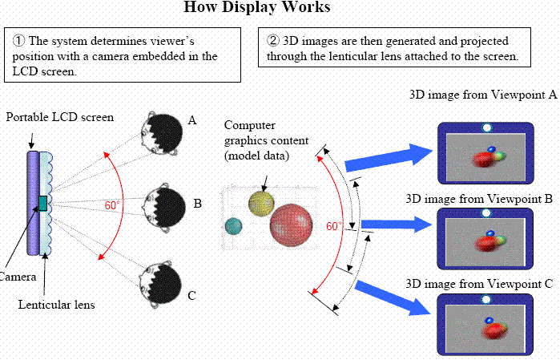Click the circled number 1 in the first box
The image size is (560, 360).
pyautogui.click(x=19, y=40)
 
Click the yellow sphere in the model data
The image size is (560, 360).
pyautogui.click(x=260, y=204)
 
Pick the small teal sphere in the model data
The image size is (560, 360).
pyautogui.click(x=233, y=227)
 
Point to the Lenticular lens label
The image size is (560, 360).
pyautogui.click(x=56, y=304)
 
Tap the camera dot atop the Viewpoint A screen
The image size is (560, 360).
pyautogui.click(x=486, y=128)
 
